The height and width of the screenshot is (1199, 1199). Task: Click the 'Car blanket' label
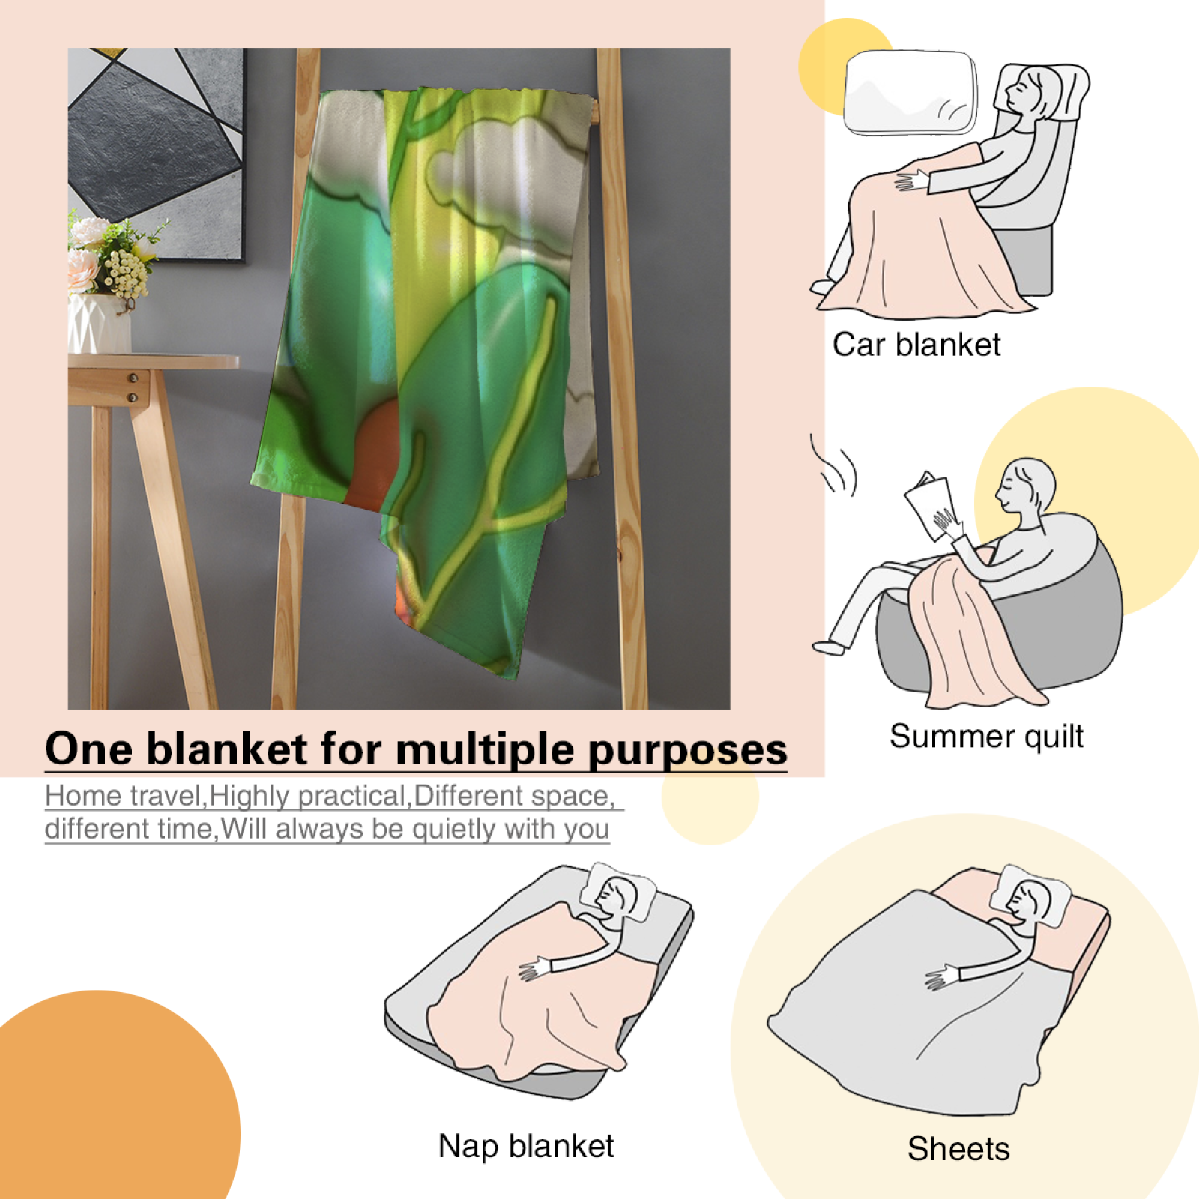click(x=916, y=345)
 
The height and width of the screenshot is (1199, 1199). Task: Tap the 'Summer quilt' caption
click(x=986, y=737)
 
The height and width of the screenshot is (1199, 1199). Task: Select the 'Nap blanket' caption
click(x=526, y=1146)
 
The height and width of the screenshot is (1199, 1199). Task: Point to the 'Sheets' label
click(x=958, y=1148)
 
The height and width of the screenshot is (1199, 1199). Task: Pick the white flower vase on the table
click(x=99, y=323)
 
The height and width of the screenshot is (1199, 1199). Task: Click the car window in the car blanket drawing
click(x=911, y=93)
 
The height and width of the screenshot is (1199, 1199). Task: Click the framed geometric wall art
click(x=157, y=154)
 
